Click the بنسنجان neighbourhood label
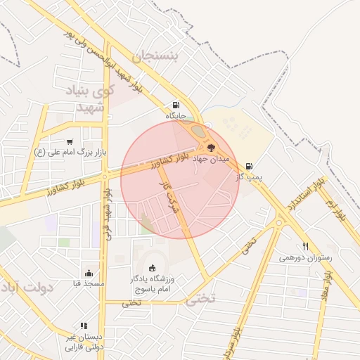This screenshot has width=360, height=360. click(x=159, y=57)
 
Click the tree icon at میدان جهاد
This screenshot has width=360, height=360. click(x=210, y=148)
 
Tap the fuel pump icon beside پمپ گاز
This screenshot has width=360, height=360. click(x=249, y=167)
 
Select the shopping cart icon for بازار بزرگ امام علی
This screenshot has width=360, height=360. click(x=69, y=142)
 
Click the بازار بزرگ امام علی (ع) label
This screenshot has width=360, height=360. click(x=69, y=152)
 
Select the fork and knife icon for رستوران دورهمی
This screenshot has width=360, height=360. click(x=305, y=247)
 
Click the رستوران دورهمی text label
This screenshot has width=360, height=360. click(x=304, y=258)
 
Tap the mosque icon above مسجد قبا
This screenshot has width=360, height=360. click(x=89, y=273)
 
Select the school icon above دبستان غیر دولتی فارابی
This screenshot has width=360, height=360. click(x=84, y=326)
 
